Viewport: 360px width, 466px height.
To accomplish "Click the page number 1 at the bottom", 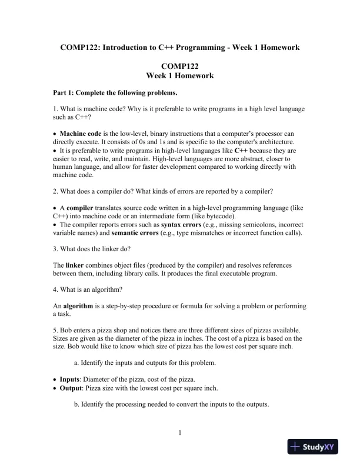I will point(179,434).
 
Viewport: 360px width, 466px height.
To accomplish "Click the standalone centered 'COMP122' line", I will point(179,66).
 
